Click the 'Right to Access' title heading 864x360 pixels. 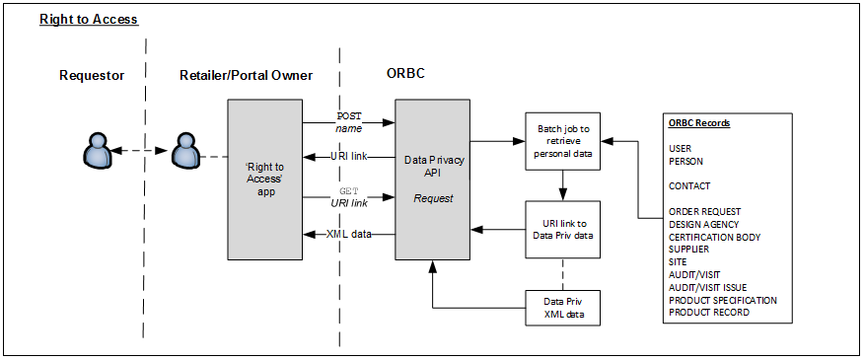[x=89, y=20]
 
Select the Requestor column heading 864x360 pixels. [x=92, y=76]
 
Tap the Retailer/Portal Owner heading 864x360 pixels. [x=246, y=76]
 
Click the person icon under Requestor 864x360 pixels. [x=96, y=151]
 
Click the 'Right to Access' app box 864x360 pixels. [x=264, y=180]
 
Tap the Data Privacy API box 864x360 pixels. [x=432, y=180]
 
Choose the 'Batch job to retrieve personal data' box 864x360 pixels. [x=562, y=141]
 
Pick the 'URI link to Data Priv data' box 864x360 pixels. [x=562, y=229]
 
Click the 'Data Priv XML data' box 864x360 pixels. [x=562, y=307]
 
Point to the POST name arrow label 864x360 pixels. [x=349, y=122]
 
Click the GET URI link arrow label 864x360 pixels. [x=349, y=195]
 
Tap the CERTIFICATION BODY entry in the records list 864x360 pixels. [x=714, y=237]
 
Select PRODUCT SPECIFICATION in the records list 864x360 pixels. [x=722, y=300]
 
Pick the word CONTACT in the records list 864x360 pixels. [x=689, y=185]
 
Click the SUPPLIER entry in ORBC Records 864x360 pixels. [x=688, y=250]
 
